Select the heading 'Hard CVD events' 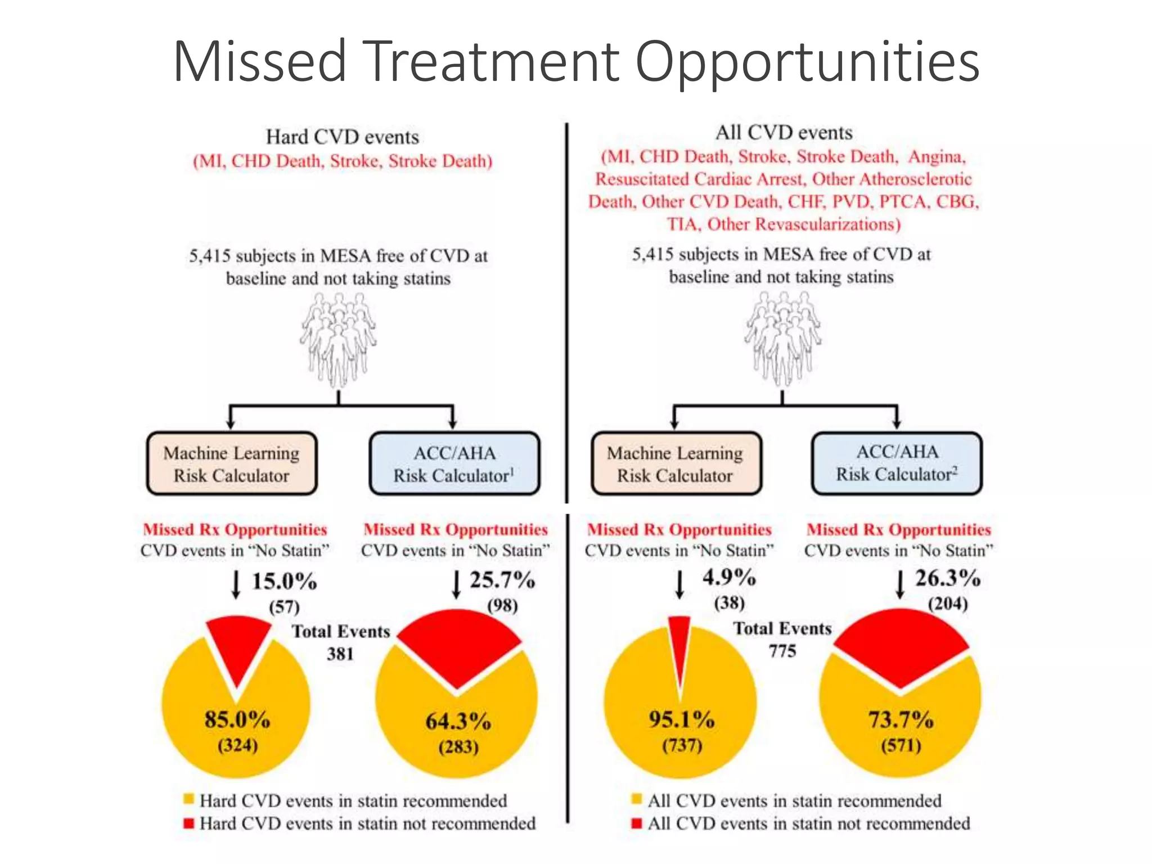point(342,137)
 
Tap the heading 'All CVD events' point(784,133)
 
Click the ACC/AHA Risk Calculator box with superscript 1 point(454,463)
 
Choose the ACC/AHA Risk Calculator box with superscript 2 point(897,463)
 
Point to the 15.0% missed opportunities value point(284,582)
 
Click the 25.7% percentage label point(502,580)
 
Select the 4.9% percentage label point(729,578)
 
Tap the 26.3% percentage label point(948,578)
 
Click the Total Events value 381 point(340,654)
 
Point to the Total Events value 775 point(782,651)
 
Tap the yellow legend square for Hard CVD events point(189,799)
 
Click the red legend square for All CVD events point(637,823)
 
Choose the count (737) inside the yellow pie point(682,746)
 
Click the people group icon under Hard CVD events point(338,340)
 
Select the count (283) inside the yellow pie point(458,747)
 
